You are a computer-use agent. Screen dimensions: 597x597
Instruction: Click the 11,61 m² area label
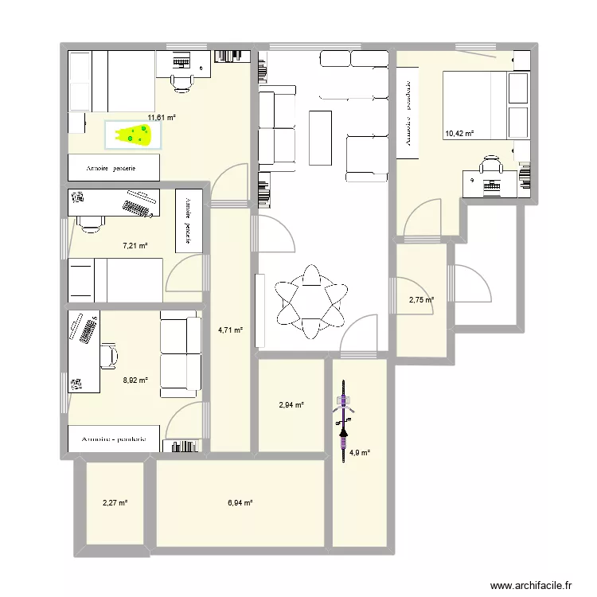(160, 117)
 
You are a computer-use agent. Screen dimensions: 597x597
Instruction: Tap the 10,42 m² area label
(458, 134)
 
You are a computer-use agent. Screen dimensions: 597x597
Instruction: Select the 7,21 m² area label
(134, 246)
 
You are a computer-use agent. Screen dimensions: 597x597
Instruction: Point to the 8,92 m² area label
(135, 380)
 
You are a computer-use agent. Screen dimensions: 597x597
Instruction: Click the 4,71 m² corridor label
(230, 330)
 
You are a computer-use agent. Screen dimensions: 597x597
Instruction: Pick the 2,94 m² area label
(291, 405)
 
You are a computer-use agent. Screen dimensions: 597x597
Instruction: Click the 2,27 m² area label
(115, 502)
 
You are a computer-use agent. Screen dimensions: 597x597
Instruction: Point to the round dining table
(311, 300)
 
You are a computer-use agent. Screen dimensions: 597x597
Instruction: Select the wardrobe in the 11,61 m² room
(114, 168)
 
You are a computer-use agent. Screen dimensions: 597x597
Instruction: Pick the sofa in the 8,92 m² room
(180, 354)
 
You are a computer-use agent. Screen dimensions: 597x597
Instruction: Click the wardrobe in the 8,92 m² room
(114, 439)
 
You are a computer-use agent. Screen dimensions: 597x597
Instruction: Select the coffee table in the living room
(320, 138)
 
